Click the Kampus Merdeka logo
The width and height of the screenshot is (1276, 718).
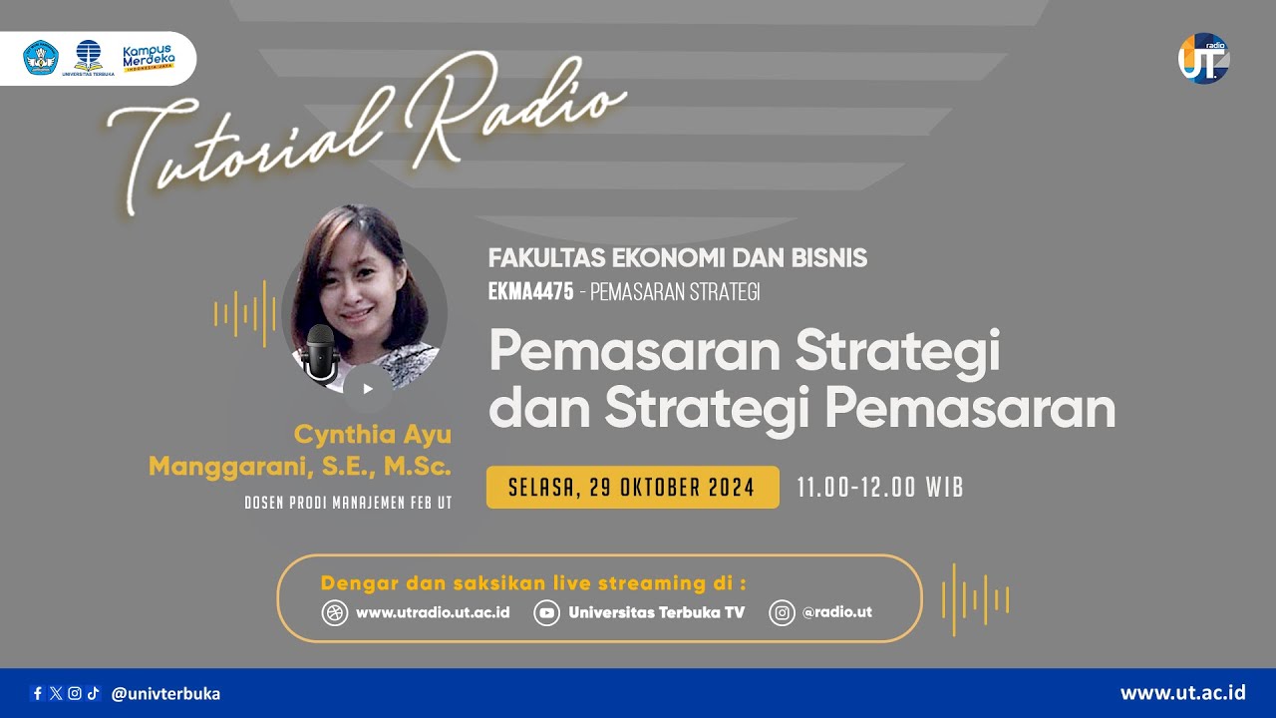tap(148, 57)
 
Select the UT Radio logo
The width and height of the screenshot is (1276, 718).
tap(1203, 59)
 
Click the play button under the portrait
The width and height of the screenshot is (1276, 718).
tap(367, 389)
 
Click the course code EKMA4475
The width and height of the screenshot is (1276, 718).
tap(530, 292)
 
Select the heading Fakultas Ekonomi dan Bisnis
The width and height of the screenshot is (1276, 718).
tap(678, 258)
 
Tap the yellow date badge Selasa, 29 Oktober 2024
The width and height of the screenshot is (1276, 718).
tap(633, 488)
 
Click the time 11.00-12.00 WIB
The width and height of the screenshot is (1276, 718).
tap(880, 488)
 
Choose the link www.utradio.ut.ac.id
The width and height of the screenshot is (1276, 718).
tap(433, 612)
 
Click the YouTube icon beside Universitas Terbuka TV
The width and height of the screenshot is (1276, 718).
tap(546, 612)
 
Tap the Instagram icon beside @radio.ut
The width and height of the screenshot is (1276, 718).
tap(782, 612)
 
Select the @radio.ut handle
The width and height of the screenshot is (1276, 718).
tap(837, 612)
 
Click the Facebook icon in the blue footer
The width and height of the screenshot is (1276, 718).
tap(38, 693)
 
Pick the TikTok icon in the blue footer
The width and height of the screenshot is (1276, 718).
tap(93, 693)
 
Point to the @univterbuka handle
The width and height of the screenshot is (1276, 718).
tap(165, 693)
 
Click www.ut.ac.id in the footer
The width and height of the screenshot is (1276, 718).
tap(1183, 692)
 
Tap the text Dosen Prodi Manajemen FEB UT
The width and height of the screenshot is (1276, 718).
tap(348, 503)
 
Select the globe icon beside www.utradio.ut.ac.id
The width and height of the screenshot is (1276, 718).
tap(335, 612)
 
